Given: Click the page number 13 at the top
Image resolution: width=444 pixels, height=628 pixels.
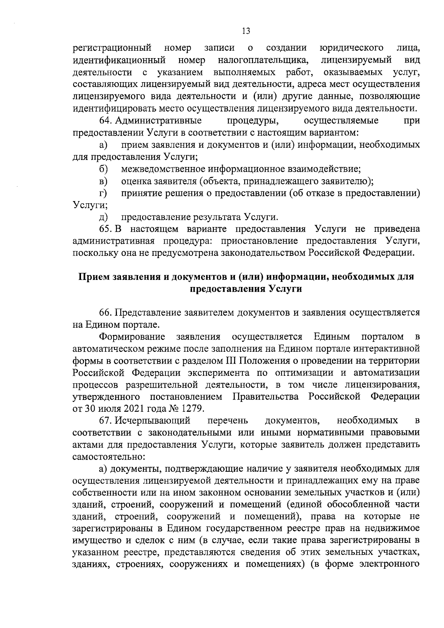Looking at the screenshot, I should (246, 31).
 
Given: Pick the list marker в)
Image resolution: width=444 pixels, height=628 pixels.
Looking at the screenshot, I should (103, 181).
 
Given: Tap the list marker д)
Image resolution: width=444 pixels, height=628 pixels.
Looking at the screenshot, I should (103, 217).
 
